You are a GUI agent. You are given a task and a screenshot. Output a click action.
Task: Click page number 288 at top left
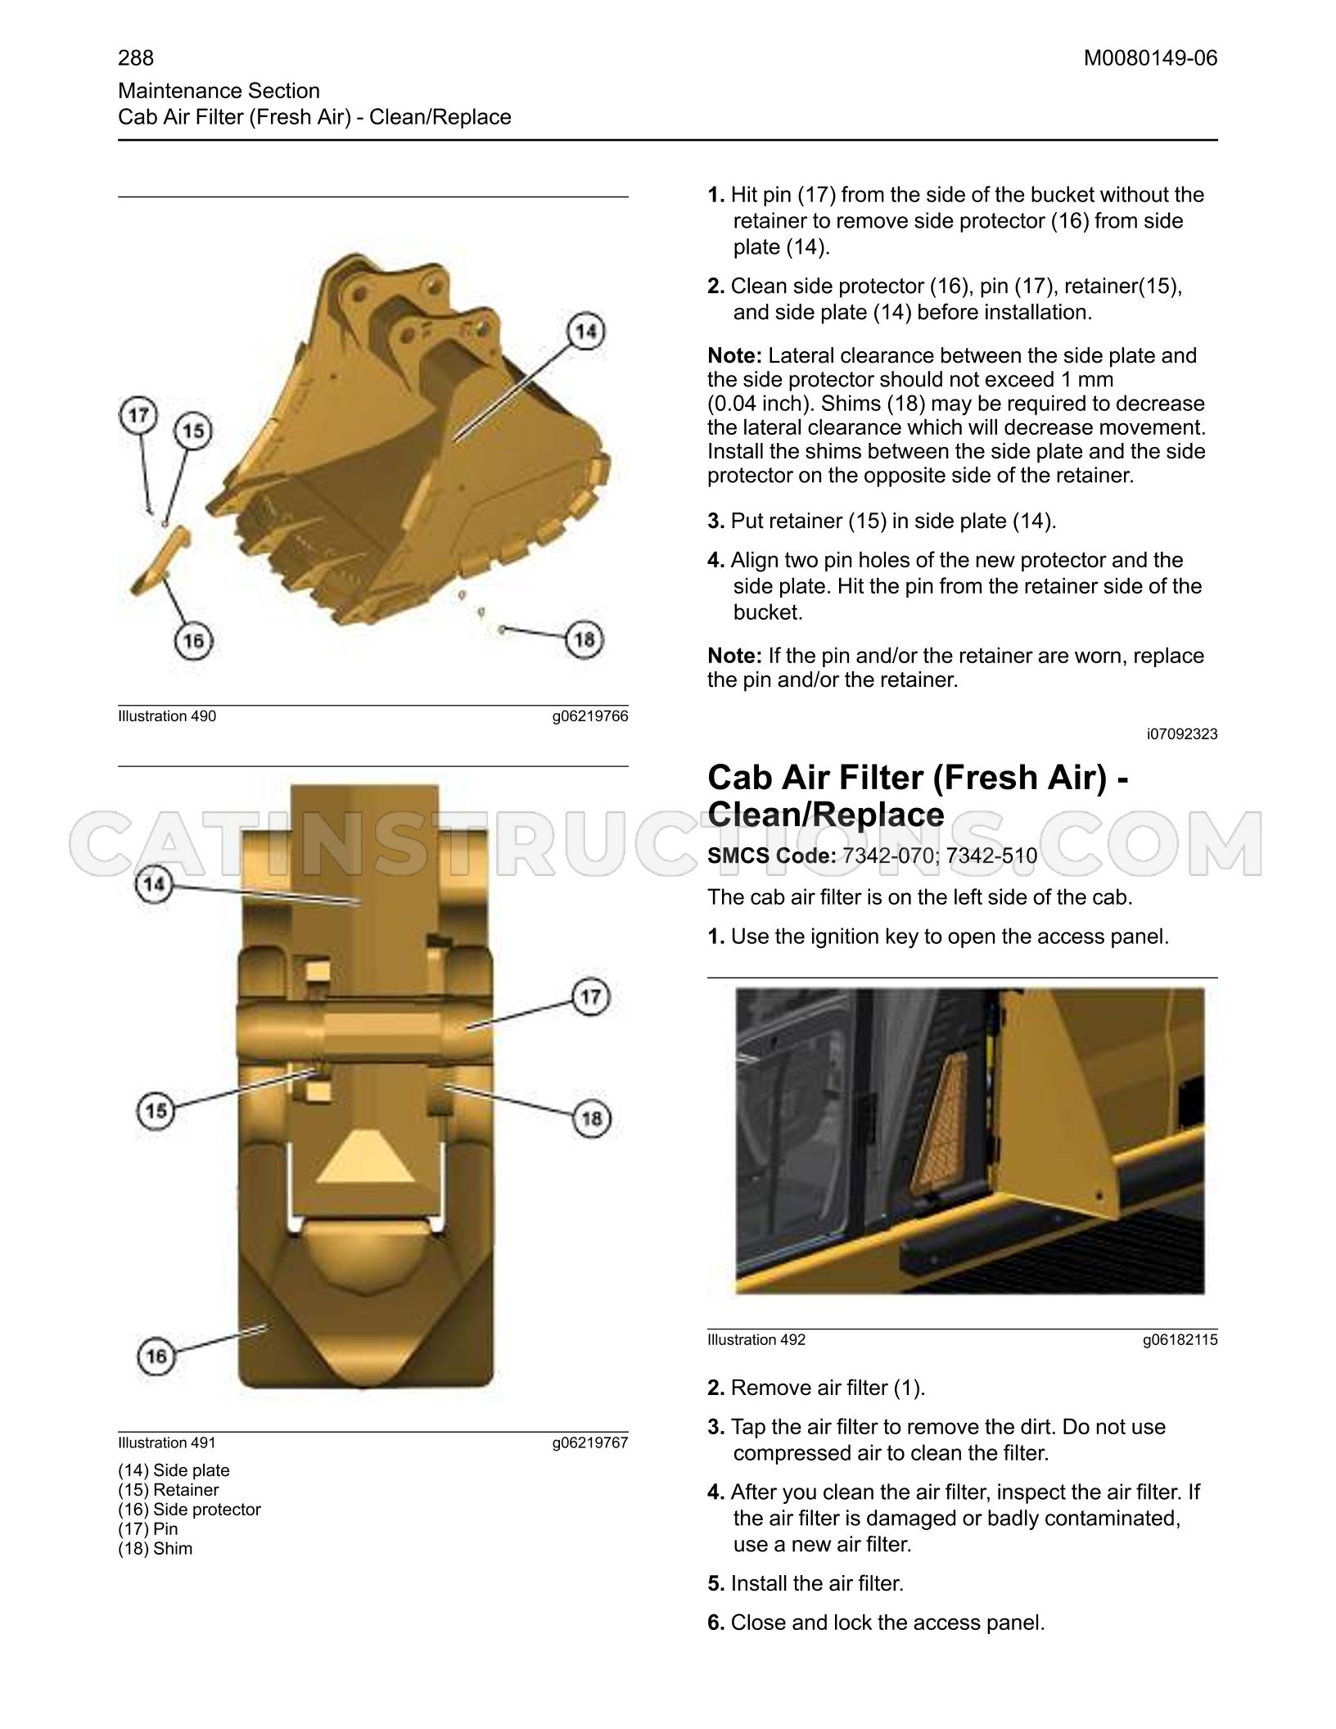click(x=136, y=58)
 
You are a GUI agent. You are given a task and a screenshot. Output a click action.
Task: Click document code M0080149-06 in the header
click(x=1150, y=58)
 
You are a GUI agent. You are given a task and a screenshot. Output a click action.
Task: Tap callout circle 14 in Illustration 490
click(x=585, y=332)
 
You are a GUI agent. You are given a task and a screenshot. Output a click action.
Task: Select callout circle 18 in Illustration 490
click(x=584, y=639)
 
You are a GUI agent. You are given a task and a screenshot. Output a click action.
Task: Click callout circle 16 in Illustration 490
click(x=193, y=639)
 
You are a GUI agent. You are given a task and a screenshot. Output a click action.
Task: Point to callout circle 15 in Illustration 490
click(x=193, y=431)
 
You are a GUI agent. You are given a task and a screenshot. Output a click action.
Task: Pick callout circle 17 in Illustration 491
click(x=591, y=997)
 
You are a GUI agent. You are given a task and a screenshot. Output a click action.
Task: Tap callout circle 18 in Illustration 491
click(x=591, y=1118)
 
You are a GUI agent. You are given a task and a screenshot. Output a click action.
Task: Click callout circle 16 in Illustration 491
click(x=156, y=1357)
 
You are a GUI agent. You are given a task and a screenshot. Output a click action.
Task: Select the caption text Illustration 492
click(x=756, y=1340)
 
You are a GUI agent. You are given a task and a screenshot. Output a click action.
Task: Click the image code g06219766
click(x=589, y=716)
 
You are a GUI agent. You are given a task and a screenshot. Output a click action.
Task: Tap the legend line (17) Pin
click(x=147, y=1529)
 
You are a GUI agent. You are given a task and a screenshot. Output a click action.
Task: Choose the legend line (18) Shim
click(x=155, y=1549)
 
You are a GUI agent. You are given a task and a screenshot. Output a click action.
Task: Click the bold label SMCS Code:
click(x=772, y=856)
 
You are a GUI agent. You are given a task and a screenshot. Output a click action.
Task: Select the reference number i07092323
click(x=1182, y=734)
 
